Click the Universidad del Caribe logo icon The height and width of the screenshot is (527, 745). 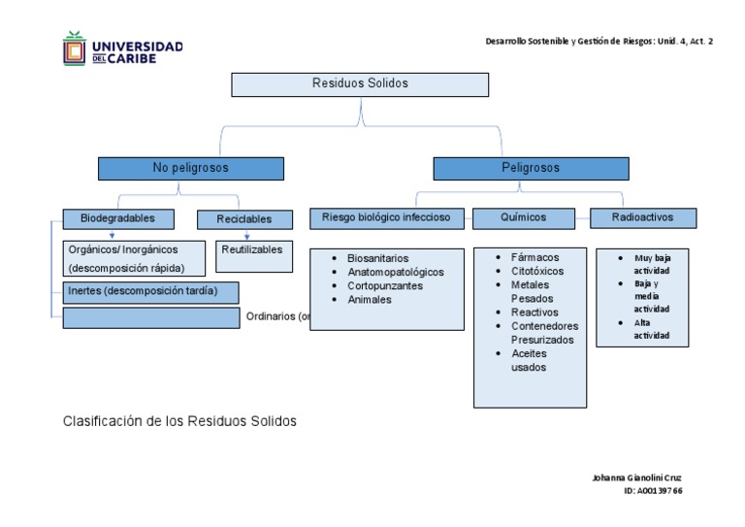(75, 49)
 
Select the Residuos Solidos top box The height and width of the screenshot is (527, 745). (360, 84)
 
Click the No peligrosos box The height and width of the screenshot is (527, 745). (190, 169)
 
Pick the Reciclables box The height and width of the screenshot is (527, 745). (245, 219)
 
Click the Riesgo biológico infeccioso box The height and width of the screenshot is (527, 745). (387, 218)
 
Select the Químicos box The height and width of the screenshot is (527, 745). (524, 218)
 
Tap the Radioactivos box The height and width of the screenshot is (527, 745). (642, 218)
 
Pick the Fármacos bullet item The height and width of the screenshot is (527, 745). (534, 257)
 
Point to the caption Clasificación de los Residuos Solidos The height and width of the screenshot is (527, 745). (179, 422)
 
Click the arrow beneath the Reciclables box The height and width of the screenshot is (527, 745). (247, 236)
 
